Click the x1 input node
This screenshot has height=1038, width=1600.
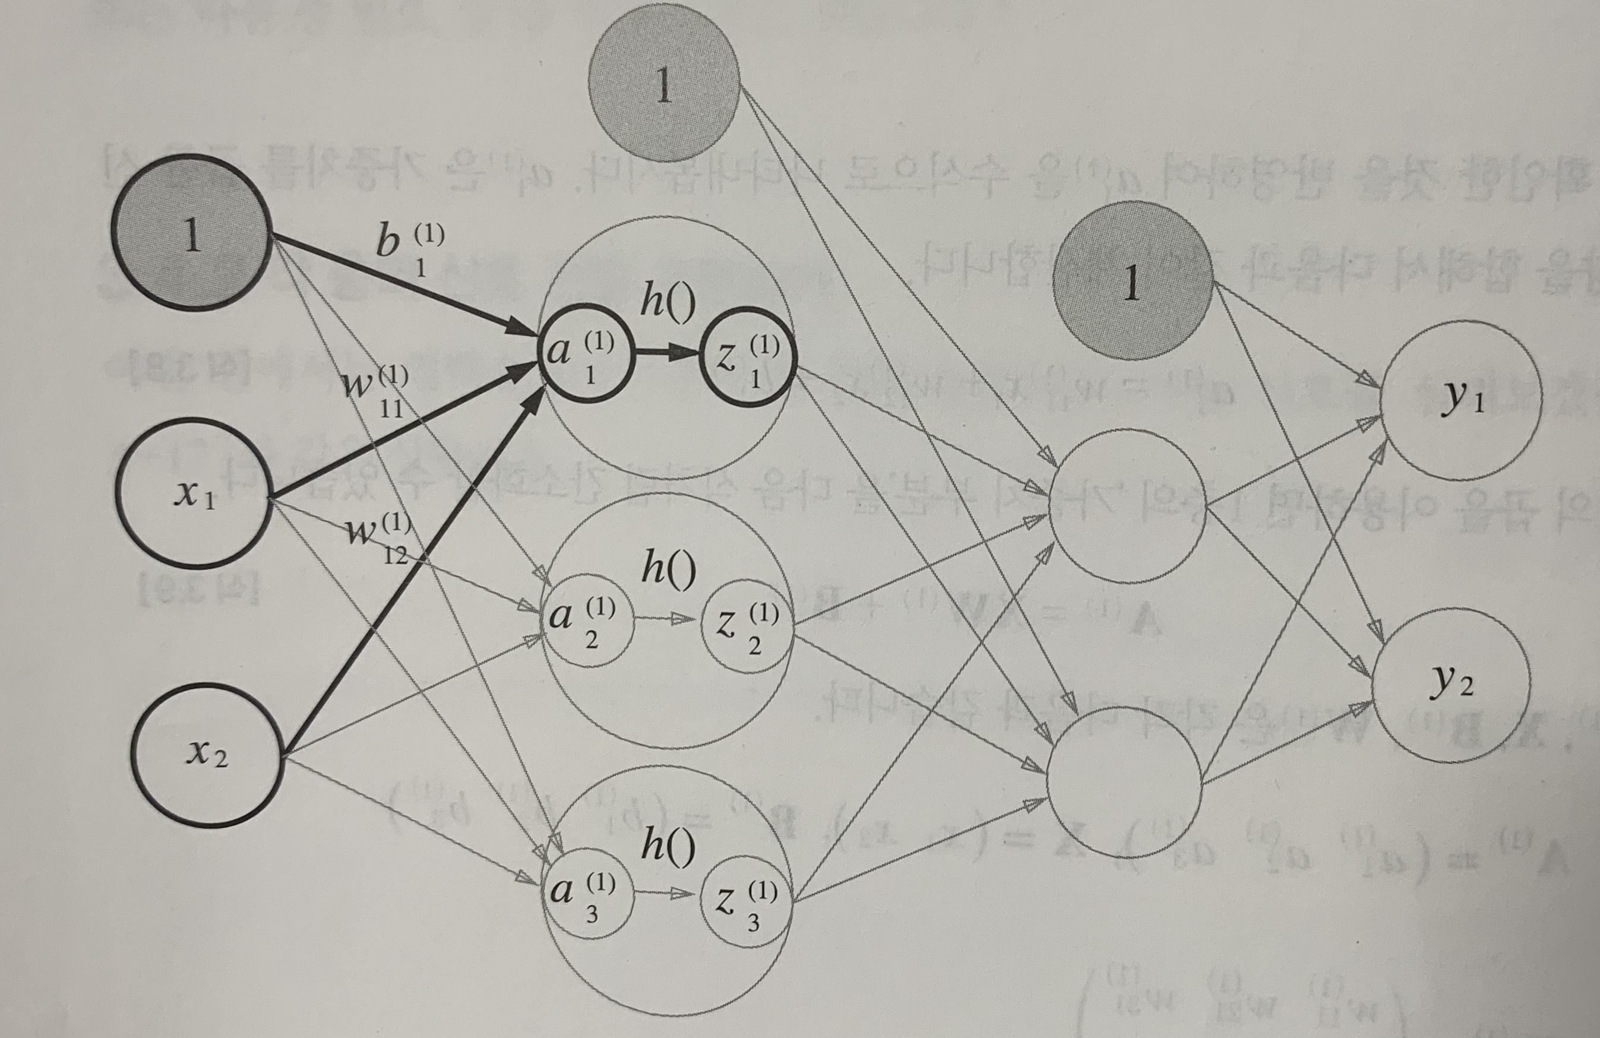click(194, 493)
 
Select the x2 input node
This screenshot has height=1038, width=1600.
click(205, 754)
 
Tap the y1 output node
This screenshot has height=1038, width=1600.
click(1461, 401)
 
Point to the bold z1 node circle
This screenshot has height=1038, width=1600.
click(748, 357)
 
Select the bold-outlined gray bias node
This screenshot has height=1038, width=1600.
click(192, 233)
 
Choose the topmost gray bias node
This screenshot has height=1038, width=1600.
click(664, 83)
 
